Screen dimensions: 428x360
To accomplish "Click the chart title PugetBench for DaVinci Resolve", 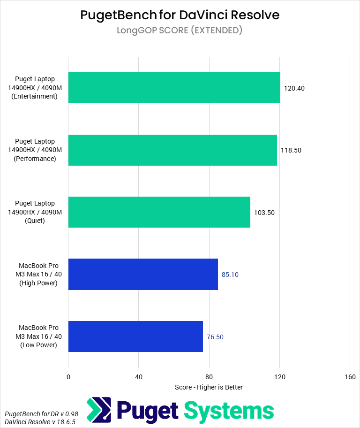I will tap(180, 15).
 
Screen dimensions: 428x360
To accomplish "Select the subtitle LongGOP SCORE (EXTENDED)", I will tap(180, 31).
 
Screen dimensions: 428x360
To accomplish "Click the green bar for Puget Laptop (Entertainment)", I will tap(174, 88).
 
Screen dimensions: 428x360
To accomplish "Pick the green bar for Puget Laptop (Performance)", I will tap(172, 150).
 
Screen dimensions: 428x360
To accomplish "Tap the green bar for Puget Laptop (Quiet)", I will tap(159, 212).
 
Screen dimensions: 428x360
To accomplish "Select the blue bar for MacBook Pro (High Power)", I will tap(143, 274).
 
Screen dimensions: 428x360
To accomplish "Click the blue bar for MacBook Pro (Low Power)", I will tap(135, 336).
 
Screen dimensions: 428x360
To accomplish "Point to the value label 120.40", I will tap(294, 88).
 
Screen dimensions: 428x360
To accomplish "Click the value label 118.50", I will tap(291, 150).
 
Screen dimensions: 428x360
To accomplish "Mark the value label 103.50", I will tap(264, 213).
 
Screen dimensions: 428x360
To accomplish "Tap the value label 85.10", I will tap(230, 275).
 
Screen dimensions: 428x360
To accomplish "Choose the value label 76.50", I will tap(215, 337).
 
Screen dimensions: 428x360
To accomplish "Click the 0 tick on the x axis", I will tap(68, 377).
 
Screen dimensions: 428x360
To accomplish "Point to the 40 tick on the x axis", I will tap(139, 377).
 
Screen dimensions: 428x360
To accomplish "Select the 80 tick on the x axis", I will tap(209, 377).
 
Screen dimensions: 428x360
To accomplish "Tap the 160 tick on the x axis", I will tap(350, 377).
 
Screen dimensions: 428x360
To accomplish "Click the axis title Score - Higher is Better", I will tap(209, 387).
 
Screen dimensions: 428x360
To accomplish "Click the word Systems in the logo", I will tap(229, 411).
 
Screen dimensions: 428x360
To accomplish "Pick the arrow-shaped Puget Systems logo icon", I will tap(99, 409).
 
